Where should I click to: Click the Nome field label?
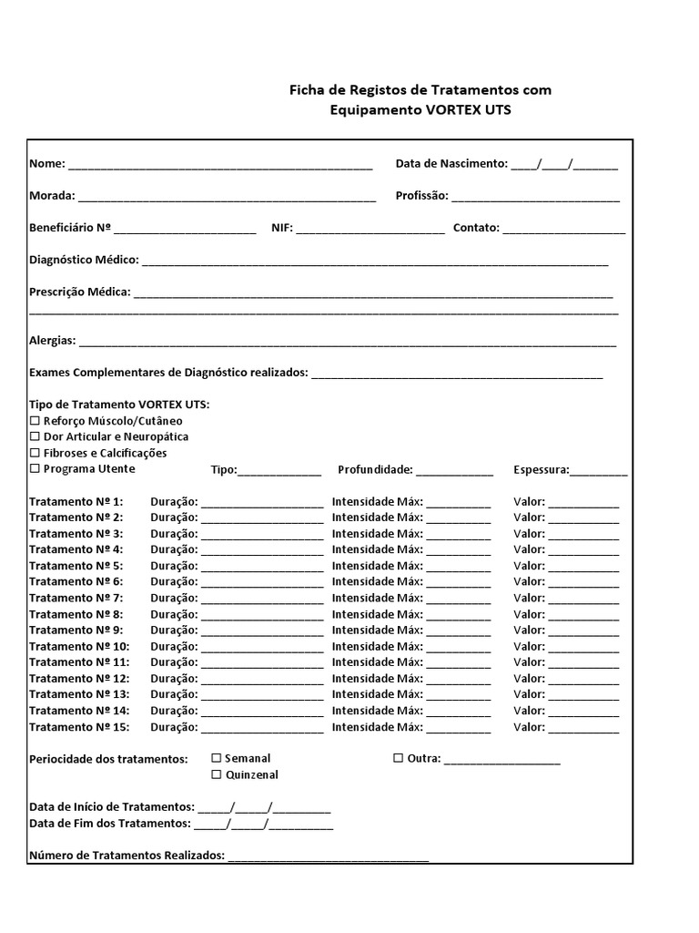(x=46, y=164)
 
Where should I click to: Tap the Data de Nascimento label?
(x=451, y=164)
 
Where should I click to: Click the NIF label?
(x=281, y=229)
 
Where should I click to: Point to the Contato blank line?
(x=563, y=231)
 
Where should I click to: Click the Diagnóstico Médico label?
(x=84, y=261)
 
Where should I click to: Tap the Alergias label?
(x=53, y=341)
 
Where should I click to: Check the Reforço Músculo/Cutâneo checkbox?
(x=35, y=421)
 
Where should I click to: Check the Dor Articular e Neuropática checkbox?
(x=35, y=437)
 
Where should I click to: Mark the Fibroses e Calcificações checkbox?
(x=35, y=453)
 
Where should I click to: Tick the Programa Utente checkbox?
(x=35, y=469)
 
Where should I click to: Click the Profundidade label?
(x=375, y=470)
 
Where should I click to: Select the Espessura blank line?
(x=599, y=473)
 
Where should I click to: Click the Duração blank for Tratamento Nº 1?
(x=262, y=504)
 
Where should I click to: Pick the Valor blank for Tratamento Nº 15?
(x=583, y=730)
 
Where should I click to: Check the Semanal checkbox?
(x=217, y=758)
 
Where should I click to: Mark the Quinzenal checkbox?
(x=217, y=774)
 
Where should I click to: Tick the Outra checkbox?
(x=399, y=758)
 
